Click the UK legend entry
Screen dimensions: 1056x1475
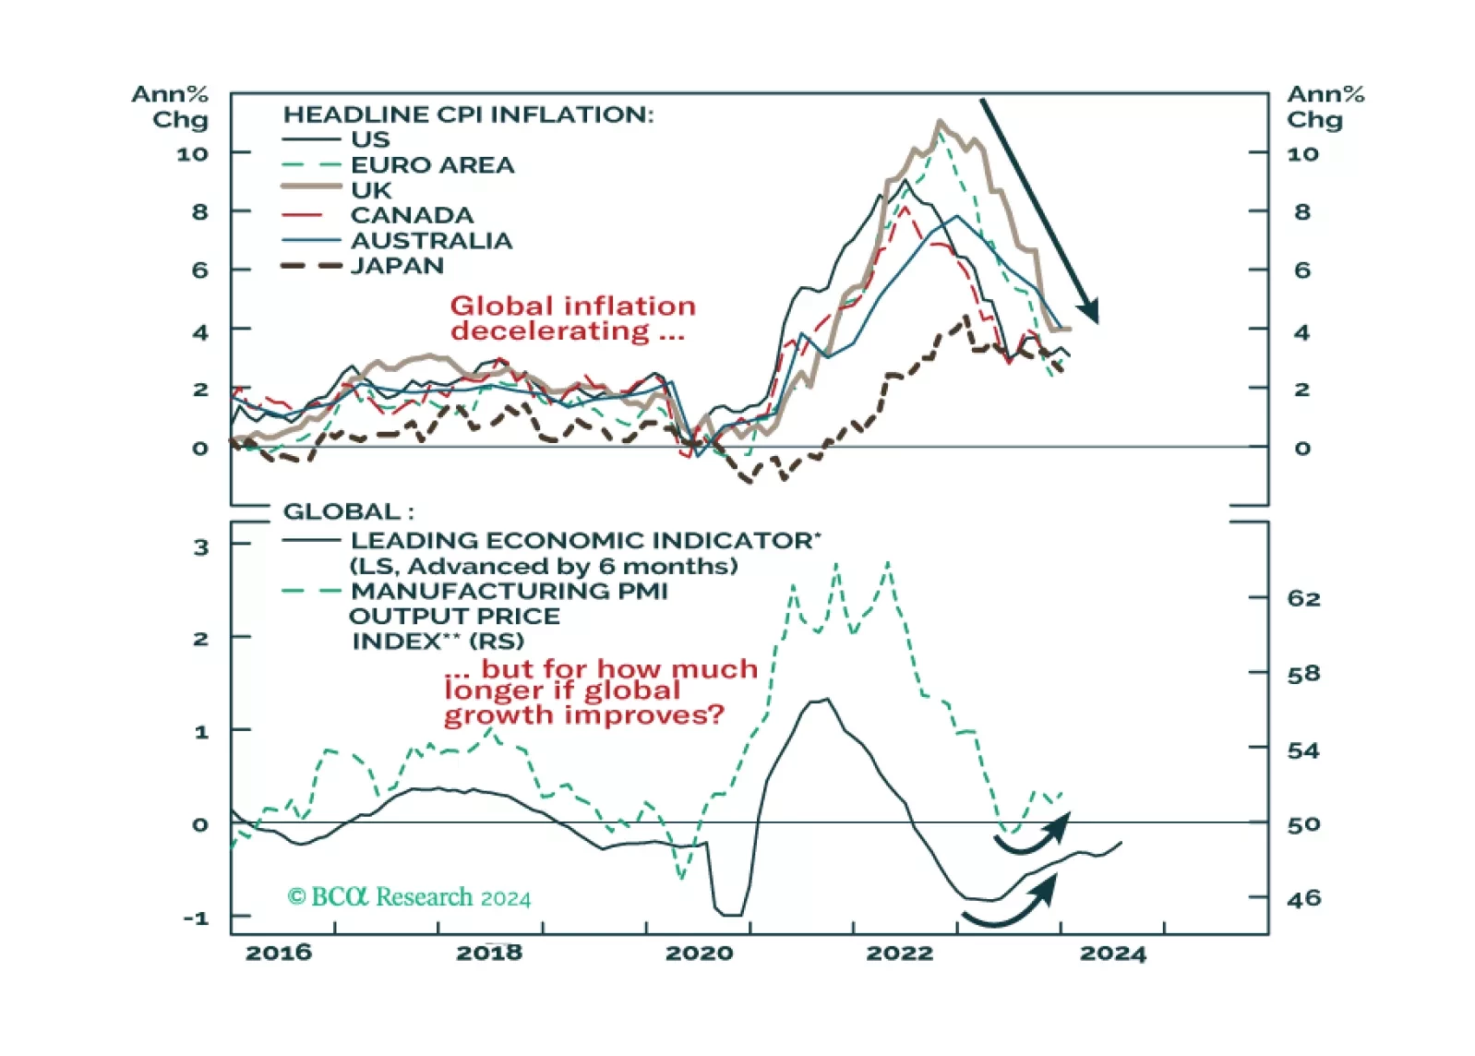click(x=371, y=190)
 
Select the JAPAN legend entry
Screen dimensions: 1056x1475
click(x=397, y=266)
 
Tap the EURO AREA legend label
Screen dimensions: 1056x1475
click(x=432, y=165)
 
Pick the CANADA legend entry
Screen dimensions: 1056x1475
click(x=412, y=215)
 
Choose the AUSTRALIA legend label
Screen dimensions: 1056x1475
click(x=431, y=241)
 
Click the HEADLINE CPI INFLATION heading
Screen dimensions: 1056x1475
click(x=467, y=114)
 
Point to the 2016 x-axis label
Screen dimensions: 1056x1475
click(x=278, y=953)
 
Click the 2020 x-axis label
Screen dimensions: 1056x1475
click(x=699, y=953)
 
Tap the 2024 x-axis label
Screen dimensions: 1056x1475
click(x=1112, y=953)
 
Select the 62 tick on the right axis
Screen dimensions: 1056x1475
click(x=1303, y=599)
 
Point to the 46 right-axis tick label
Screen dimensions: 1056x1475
click(x=1303, y=898)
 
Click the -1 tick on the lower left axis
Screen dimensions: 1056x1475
click(x=196, y=918)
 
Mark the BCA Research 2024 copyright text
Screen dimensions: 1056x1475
click(x=409, y=897)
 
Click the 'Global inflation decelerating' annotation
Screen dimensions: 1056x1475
click(x=572, y=318)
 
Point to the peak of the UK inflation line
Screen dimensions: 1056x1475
click(x=940, y=122)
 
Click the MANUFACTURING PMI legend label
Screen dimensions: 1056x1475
click(x=509, y=591)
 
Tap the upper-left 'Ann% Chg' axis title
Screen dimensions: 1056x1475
click(x=170, y=106)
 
